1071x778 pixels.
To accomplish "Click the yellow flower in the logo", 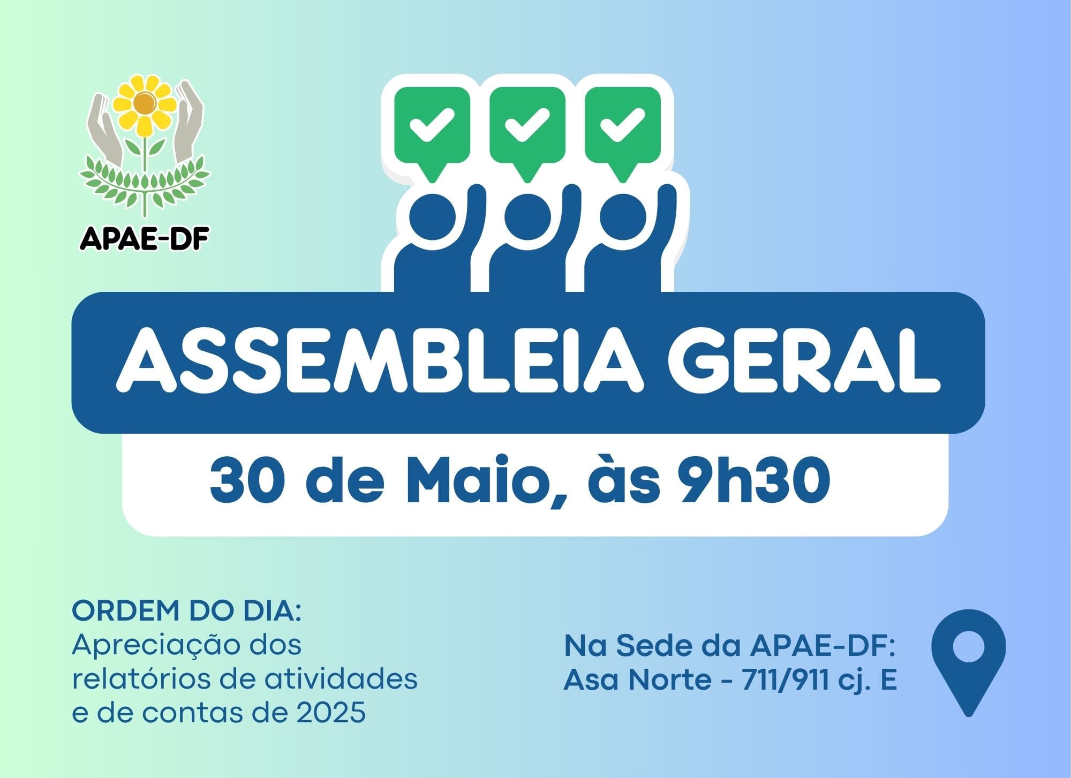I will [143, 105].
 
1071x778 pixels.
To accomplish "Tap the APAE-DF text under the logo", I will [144, 239].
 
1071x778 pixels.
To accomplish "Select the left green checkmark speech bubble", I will [432, 125].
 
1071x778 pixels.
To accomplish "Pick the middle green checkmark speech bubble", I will [527, 125].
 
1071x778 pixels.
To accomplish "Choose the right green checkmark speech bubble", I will [622, 125].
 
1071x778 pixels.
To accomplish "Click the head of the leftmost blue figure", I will [433, 217].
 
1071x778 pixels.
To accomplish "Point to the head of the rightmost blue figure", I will [623, 217].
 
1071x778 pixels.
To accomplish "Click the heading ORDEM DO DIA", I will [187, 611].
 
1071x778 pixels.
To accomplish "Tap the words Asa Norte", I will [638, 680].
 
